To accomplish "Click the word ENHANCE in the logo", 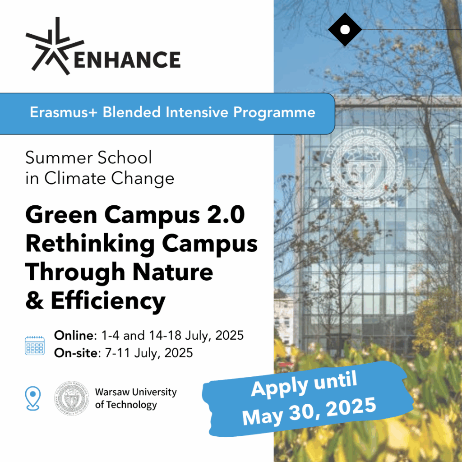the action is tap(127, 60).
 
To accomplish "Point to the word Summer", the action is tap(60, 157).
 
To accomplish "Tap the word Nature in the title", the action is tap(173, 272).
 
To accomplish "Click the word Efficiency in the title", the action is tap(108, 301).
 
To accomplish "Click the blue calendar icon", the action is tap(35, 345).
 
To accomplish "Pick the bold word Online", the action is tap(74, 335).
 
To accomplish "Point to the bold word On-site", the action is tap(76, 353).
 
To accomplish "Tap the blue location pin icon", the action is tap(32, 398).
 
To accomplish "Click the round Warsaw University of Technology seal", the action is tap(72, 398).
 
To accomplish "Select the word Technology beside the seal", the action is tap(131, 405).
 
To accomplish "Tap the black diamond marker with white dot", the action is tap(345, 29).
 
